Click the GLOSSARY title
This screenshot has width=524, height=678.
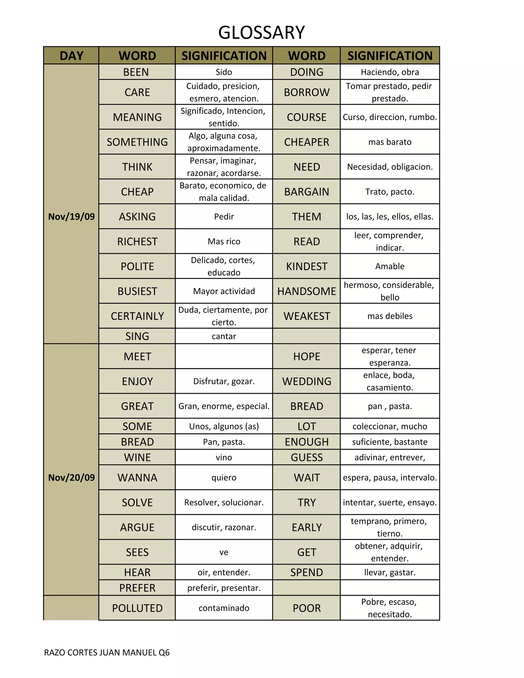[261, 32]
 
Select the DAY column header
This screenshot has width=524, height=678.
[71, 56]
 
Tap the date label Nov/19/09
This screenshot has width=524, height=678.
[71, 216]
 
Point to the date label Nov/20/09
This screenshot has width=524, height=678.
[71, 477]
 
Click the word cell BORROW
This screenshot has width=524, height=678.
[306, 92]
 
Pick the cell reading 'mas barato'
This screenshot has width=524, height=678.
[390, 142]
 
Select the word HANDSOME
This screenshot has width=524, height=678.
[306, 291]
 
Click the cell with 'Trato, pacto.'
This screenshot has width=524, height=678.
[390, 192]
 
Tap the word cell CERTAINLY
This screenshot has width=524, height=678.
[137, 316]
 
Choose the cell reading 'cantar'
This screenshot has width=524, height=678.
[224, 336]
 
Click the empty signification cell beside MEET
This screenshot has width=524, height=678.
[224, 356]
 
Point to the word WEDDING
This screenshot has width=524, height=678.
[306, 381]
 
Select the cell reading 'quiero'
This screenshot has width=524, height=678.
[224, 477]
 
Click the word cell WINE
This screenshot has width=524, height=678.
[137, 457]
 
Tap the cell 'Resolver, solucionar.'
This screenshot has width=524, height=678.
[224, 502]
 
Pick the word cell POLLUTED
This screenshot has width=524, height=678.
[137, 608]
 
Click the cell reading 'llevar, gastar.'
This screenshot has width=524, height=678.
[390, 572]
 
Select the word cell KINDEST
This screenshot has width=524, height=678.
[306, 266]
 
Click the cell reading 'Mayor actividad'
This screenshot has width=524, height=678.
[224, 291]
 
